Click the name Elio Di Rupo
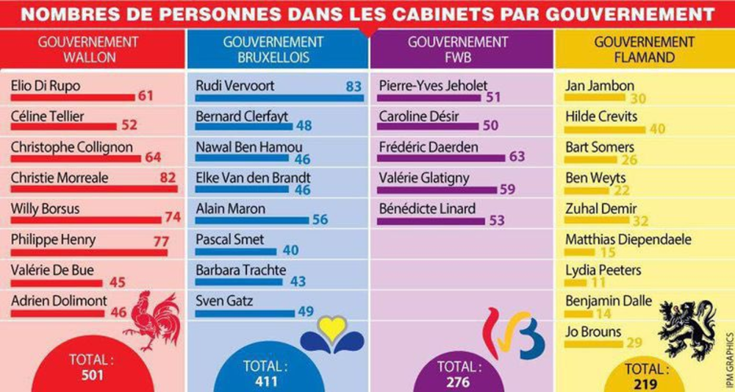pos(46,86)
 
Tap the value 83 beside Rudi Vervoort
pos(354,87)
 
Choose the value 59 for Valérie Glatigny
pos(508,189)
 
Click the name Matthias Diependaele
pos(628,239)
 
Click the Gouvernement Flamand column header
pos(644,49)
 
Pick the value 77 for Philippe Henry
pos(161,240)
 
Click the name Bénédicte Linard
pos(427,208)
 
